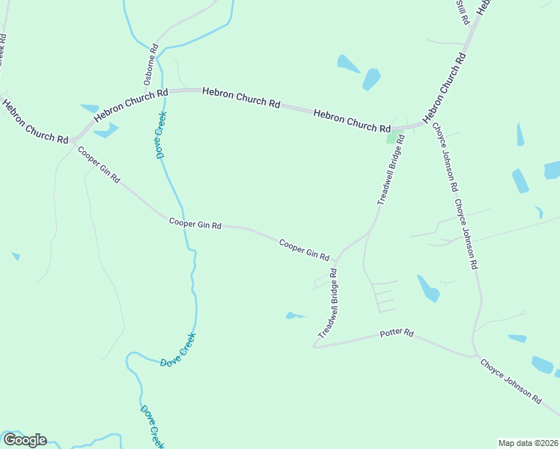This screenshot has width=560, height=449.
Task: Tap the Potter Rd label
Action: (x=397, y=332)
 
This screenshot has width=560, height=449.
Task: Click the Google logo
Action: (x=24, y=440)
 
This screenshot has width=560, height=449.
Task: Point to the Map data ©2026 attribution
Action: (x=528, y=443)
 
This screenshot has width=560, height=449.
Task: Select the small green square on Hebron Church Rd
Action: (x=392, y=138)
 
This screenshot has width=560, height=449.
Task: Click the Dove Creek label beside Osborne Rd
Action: (x=160, y=135)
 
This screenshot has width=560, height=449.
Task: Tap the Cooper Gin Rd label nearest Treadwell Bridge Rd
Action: (x=305, y=250)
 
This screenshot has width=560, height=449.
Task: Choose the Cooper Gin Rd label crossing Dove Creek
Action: (x=195, y=223)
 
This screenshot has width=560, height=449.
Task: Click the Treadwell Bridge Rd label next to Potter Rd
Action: (x=329, y=305)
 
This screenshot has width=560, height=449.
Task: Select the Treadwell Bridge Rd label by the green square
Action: (x=391, y=170)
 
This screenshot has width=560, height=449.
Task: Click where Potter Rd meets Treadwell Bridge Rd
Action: (x=314, y=346)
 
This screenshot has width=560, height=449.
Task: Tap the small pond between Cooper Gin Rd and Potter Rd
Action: (x=293, y=315)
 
